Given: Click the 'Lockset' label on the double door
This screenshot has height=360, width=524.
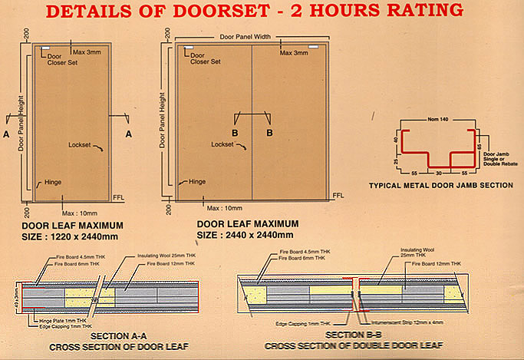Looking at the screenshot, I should click(x=222, y=144).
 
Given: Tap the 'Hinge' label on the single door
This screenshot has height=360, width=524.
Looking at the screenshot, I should click(x=52, y=182).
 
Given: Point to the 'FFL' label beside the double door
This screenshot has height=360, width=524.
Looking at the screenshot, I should click(x=338, y=197).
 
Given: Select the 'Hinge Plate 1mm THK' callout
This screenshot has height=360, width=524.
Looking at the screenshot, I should click(x=58, y=320).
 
